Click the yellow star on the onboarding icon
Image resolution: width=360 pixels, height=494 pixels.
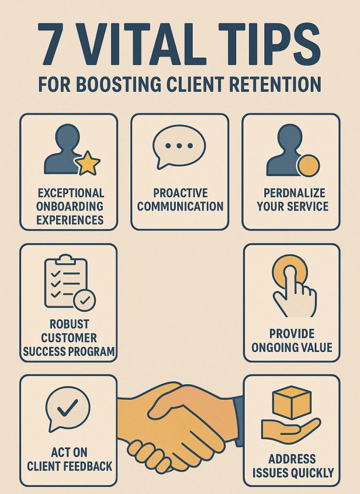point(89,164)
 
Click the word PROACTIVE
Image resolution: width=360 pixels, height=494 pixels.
point(180,193)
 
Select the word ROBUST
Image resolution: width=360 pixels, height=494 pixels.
point(68,324)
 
